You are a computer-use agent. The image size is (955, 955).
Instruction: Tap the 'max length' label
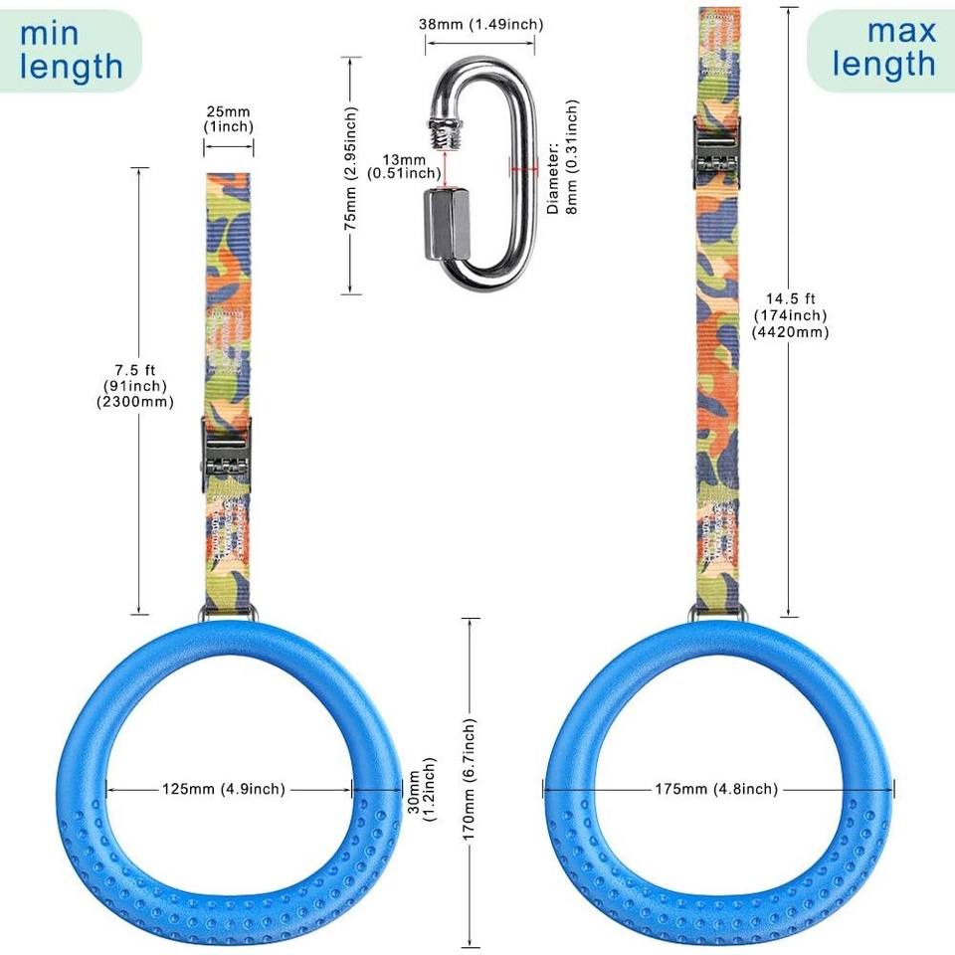pyautogui.click(x=884, y=47)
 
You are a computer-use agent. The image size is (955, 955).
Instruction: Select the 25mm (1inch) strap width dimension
pyautogui.click(x=229, y=119)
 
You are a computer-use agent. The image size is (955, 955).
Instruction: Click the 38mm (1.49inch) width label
pyautogui.click(x=479, y=23)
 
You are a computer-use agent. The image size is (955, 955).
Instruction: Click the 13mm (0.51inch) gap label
pyautogui.click(x=403, y=166)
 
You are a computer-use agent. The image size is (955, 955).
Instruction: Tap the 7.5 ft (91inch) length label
pyautogui.click(x=140, y=385)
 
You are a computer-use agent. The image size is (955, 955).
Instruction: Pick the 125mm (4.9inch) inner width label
pyautogui.click(x=224, y=789)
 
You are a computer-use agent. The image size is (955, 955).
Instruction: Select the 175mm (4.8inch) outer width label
pyautogui.click(x=716, y=789)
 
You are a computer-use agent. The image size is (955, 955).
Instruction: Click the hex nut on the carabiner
pyautogui.click(x=445, y=223)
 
